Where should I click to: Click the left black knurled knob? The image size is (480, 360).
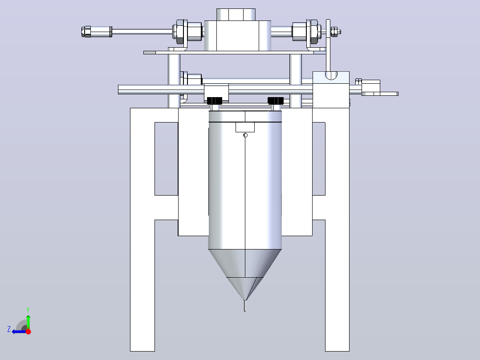(x=215, y=101)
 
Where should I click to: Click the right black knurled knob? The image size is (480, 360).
(x=276, y=101)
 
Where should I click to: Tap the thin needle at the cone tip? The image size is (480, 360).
(x=245, y=306)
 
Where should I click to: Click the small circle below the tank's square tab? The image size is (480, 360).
(x=245, y=135)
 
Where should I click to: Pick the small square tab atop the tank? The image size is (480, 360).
(x=245, y=127)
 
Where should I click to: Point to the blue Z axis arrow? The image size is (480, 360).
(x=19, y=331)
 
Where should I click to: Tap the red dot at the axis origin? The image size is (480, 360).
(x=28, y=331)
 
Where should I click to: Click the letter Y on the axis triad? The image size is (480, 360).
(x=28, y=310)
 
